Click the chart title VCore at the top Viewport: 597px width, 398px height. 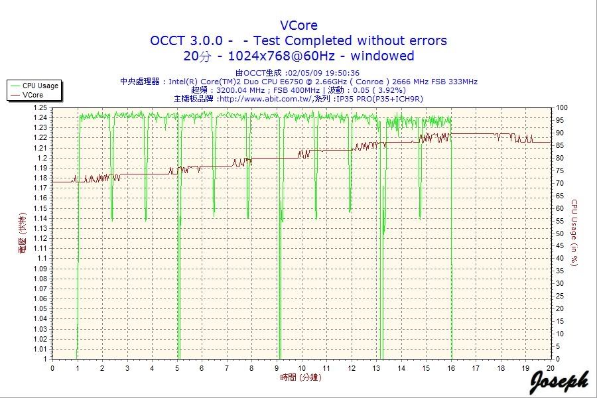[x=298, y=26]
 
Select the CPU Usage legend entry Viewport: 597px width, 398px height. [x=40, y=86]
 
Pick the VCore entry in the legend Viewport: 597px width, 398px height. [x=33, y=95]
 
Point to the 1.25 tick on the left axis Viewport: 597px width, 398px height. [x=41, y=107]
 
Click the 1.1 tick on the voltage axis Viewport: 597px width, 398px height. [x=43, y=258]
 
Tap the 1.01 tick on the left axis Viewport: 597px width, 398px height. [x=41, y=349]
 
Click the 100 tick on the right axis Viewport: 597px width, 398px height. [x=561, y=107]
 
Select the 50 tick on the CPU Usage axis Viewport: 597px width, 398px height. [x=559, y=233]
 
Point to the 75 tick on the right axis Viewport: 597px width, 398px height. [x=559, y=170]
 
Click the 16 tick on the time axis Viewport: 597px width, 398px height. [x=451, y=367]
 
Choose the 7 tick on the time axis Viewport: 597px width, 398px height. [x=227, y=367]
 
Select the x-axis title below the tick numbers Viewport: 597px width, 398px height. [x=299, y=377]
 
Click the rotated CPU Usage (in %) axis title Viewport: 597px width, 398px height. [x=574, y=232]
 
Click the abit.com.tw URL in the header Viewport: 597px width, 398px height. [x=266, y=99]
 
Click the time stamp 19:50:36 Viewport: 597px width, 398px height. [x=344, y=73]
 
